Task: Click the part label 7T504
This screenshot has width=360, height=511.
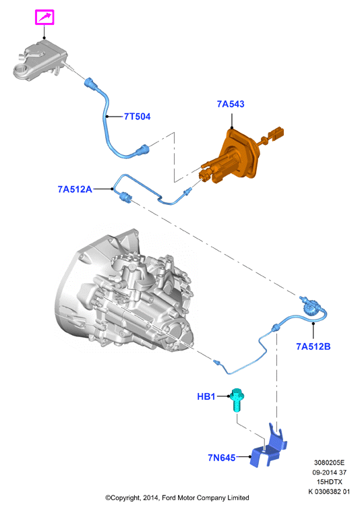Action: (x=137, y=117)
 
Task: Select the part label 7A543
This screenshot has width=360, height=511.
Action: (x=231, y=104)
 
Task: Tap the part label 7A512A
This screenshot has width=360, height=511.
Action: (x=75, y=189)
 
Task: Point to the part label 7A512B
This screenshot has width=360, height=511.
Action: (x=313, y=347)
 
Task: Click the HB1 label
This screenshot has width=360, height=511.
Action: (x=206, y=396)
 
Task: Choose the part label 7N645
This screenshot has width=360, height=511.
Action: (x=222, y=458)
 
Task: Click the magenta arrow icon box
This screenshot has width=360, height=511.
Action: (x=44, y=18)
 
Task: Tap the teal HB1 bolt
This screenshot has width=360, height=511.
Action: (x=237, y=400)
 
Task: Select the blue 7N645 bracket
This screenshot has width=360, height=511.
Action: (x=268, y=446)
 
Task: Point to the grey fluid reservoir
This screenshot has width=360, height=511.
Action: (x=39, y=60)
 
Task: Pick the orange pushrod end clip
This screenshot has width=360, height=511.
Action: (x=276, y=133)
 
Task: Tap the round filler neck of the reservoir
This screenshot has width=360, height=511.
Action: (x=22, y=69)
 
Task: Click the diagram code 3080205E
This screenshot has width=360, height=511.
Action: (x=329, y=462)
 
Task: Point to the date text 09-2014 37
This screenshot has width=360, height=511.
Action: (x=329, y=472)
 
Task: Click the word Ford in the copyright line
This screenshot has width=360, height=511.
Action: (x=169, y=498)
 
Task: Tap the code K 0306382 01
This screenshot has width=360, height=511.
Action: (x=329, y=491)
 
